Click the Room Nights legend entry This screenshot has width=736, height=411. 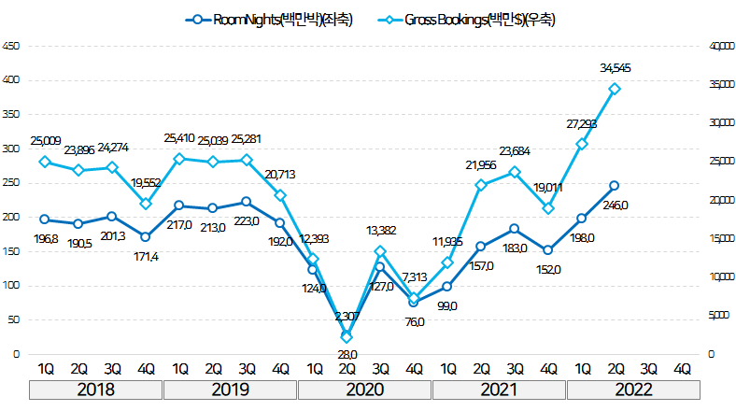270,20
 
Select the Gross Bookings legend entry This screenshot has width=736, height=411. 466,20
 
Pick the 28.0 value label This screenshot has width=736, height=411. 347,354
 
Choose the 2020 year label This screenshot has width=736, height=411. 364,390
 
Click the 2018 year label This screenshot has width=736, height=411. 95,390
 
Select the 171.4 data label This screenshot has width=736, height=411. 146,256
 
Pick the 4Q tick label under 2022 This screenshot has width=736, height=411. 682,368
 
